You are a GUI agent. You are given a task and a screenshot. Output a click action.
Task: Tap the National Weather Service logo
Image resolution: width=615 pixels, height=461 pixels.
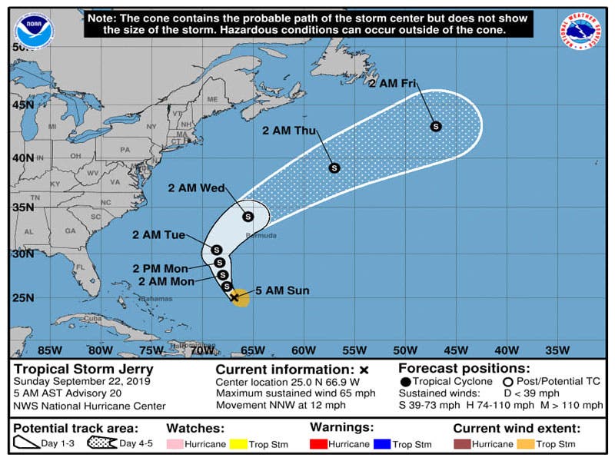[581, 32]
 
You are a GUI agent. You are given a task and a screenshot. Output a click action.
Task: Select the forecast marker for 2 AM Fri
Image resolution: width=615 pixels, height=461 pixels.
[435, 126]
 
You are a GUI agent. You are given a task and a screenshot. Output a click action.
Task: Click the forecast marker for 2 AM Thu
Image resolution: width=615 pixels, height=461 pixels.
[334, 167]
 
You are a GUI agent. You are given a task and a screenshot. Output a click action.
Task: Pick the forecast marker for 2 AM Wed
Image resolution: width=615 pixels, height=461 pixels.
[248, 217]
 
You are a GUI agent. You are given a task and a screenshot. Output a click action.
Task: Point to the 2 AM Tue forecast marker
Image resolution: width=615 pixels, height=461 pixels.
[216, 250]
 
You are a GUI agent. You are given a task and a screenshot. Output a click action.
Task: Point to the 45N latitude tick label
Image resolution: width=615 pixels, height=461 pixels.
[24, 104]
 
